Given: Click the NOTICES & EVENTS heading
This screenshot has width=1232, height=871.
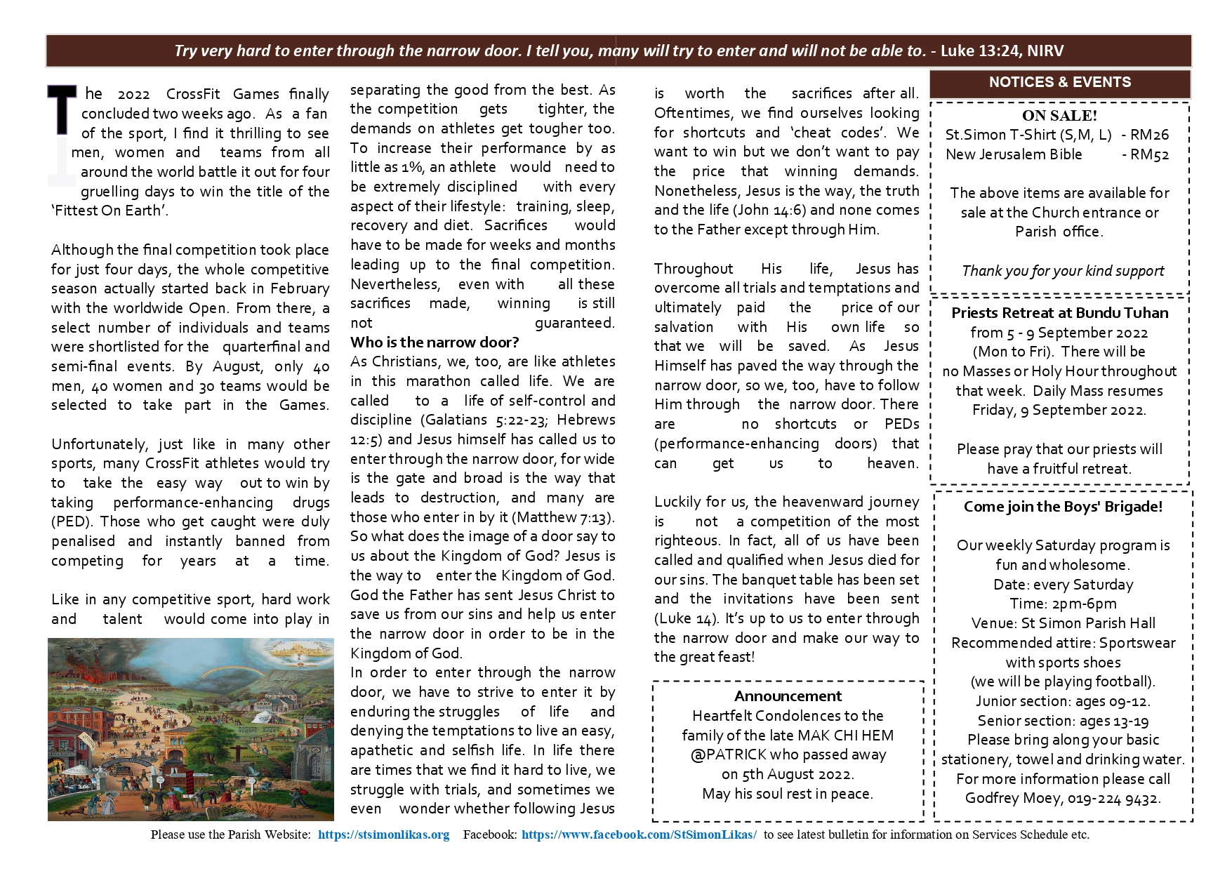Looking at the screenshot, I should coord(1059,82).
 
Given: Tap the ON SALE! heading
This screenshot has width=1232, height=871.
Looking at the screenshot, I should coord(1059,116).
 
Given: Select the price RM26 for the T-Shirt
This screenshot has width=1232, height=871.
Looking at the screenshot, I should coord(1150,135).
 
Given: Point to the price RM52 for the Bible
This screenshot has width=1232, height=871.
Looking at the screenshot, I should coord(1150,154).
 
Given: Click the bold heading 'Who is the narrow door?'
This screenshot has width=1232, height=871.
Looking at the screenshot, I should coord(435,343).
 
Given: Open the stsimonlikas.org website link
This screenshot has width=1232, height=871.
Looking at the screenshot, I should coord(383,835).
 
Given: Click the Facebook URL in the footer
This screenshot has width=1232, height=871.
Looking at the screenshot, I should coord(639,835).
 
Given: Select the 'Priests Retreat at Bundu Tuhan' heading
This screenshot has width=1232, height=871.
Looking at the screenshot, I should coord(1059,313).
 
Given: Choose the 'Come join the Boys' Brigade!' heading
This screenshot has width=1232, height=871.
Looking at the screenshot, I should coord(1063,507).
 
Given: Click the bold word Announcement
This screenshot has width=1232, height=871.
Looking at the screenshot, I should coord(788,696).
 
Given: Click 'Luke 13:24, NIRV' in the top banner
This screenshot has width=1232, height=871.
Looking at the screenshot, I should coord(1002,51).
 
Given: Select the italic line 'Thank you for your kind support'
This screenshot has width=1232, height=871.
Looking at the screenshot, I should coord(1063,271).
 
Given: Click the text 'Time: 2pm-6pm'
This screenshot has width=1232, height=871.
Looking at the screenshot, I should coord(1063,604).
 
